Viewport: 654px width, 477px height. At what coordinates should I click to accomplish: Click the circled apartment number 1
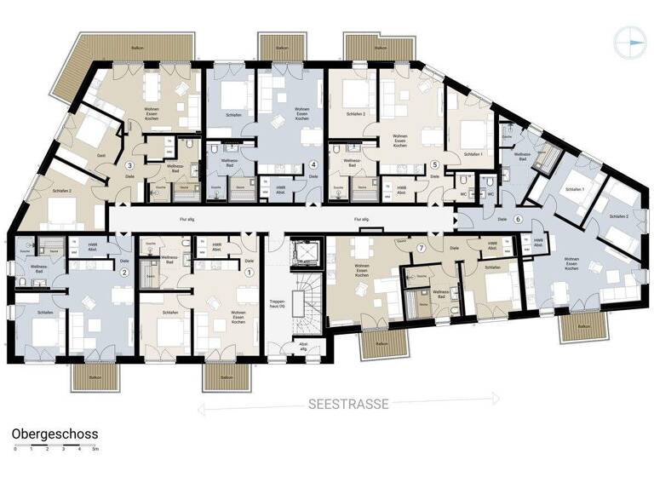(x=250, y=273)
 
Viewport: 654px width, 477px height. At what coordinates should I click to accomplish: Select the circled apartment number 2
(x=124, y=273)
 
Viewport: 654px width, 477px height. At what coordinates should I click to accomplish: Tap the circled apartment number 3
(x=130, y=165)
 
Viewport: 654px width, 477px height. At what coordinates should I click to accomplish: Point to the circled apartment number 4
(x=313, y=165)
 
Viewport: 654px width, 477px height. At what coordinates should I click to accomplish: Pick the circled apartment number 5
(x=434, y=165)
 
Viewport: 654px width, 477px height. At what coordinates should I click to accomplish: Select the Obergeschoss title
(x=55, y=434)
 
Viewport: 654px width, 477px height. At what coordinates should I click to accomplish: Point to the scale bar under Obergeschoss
(x=56, y=447)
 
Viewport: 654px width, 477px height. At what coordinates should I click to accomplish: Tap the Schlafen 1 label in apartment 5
(x=474, y=154)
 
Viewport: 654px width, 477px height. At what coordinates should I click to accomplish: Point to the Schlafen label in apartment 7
(x=491, y=269)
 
